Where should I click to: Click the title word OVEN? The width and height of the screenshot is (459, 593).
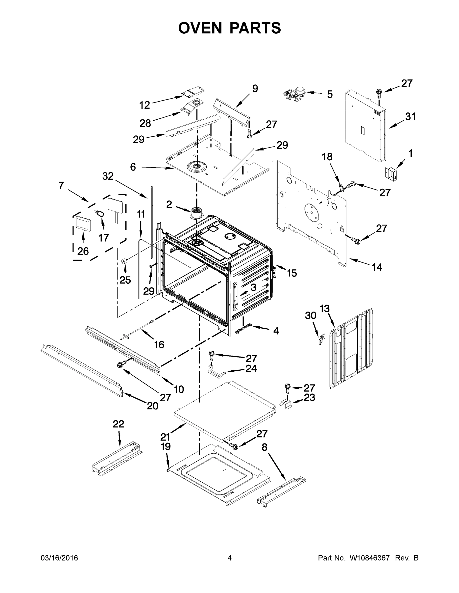point(200,28)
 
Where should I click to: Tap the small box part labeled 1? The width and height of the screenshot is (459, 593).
point(391,173)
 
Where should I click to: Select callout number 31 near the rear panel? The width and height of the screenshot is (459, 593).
point(411,117)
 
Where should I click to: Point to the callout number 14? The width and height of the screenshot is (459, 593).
point(377,267)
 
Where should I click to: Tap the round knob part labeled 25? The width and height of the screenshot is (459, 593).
point(124,261)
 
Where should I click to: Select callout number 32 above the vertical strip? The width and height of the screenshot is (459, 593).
point(108,176)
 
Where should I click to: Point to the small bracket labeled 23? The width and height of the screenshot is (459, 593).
point(287,406)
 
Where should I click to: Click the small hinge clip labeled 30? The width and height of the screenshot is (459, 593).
point(321,339)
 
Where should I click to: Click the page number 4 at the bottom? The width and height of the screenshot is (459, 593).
point(230,558)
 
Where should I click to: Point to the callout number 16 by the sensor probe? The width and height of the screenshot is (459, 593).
point(159,345)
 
